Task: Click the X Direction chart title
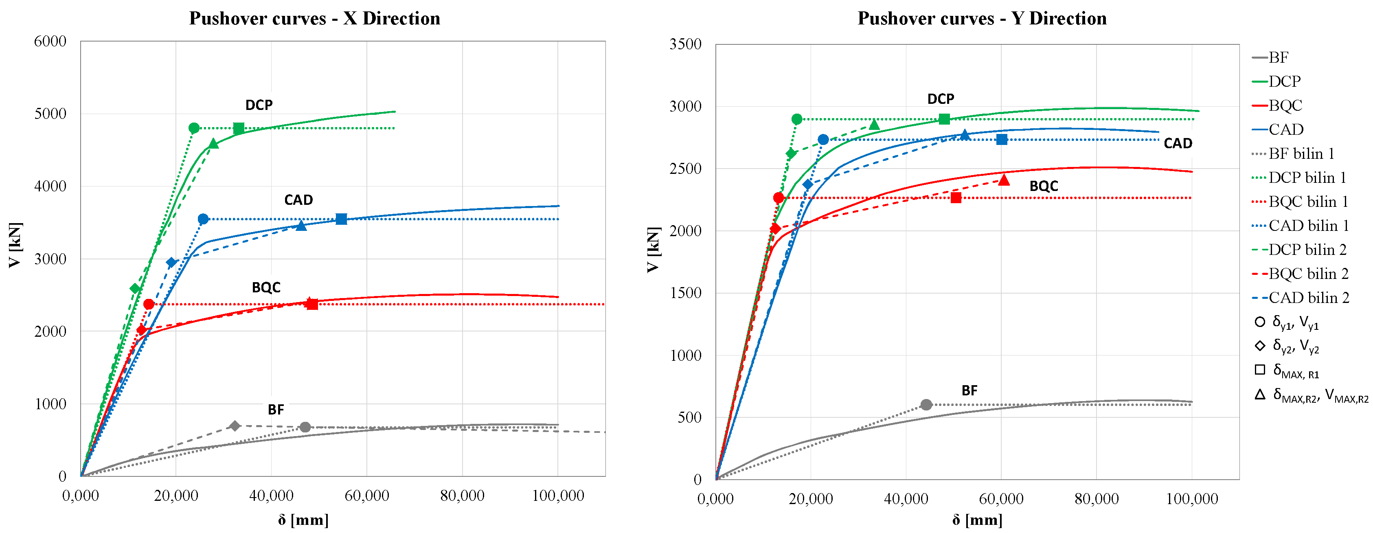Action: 314,19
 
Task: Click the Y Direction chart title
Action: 982,19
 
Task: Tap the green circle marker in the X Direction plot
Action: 194,128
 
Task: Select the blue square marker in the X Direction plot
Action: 341,219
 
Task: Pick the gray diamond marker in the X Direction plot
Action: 235,426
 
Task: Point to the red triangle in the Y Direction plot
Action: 1004,180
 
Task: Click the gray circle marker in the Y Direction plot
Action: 926,405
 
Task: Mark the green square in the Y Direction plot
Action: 944,119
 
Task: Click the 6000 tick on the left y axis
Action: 50,42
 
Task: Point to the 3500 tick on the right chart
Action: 685,44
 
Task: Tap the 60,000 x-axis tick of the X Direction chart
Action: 367,496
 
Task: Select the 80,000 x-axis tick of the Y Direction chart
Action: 1097,499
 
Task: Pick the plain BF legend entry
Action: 1278,57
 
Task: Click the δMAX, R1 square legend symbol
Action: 1260,369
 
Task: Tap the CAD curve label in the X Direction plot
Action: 298,200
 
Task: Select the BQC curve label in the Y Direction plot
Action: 1044,186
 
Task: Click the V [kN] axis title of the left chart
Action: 15,245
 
